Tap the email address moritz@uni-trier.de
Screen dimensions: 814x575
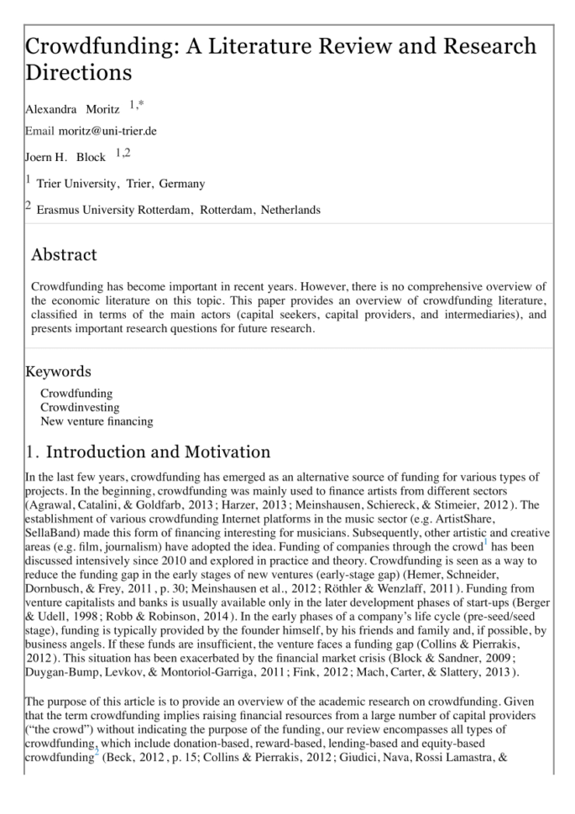tap(107, 131)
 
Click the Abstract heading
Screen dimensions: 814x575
tap(64, 254)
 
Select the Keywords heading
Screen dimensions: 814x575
tap(59, 371)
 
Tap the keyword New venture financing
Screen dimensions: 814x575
tap(97, 420)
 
